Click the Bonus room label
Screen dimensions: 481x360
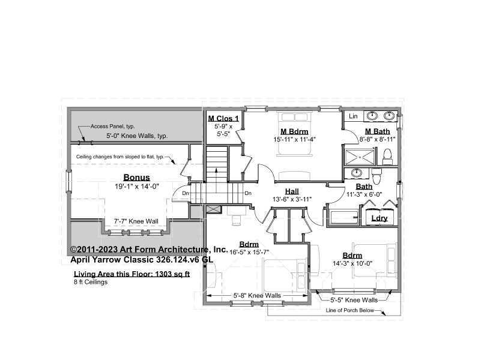[x=136, y=178]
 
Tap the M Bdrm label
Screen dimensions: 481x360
[x=294, y=131]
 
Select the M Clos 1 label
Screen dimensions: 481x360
[x=223, y=119]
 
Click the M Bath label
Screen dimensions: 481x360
[x=377, y=131]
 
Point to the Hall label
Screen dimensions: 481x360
[x=292, y=191]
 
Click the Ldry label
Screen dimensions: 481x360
[x=380, y=218]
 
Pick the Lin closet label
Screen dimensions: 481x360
[x=353, y=116]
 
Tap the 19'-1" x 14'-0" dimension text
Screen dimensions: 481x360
[x=137, y=186]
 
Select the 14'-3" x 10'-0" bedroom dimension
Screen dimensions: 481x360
[x=352, y=263]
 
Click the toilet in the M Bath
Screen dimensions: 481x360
[x=388, y=157]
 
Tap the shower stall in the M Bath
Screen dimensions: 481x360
[x=360, y=157]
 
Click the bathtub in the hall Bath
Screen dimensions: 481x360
[x=344, y=218]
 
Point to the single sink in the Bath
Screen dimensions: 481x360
[x=356, y=173]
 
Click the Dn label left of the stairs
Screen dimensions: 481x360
[x=186, y=193]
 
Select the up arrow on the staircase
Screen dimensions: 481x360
[x=216, y=181]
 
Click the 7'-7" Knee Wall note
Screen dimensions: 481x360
[x=136, y=221]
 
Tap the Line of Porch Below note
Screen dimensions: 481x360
[x=349, y=310]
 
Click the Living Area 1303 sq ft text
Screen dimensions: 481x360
[x=132, y=274]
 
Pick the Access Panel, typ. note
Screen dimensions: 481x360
[x=112, y=126]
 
